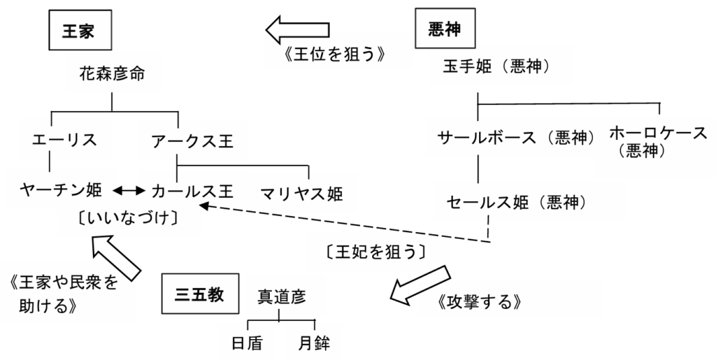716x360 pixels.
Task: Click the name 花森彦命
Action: pyautogui.click(x=112, y=73)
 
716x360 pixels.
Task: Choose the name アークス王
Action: pyautogui.click(x=192, y=140)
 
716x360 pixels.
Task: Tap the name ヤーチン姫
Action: pyautogui.click(x=62, y=189)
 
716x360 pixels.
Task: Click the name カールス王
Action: pyautogui.click(x=192, y=189)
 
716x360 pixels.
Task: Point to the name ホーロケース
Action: pyautogui.click(x=658, y=132)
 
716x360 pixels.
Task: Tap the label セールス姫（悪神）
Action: pyautogui.click(x=516, y=203)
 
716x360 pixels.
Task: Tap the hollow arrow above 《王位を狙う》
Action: pyautogui.click(x=297, y=29)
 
